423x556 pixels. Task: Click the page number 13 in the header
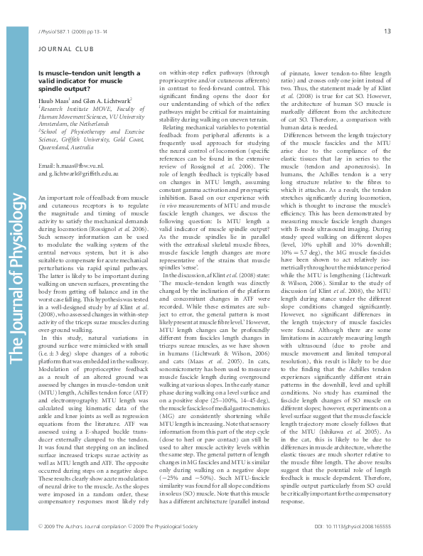(x=387, y=31)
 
